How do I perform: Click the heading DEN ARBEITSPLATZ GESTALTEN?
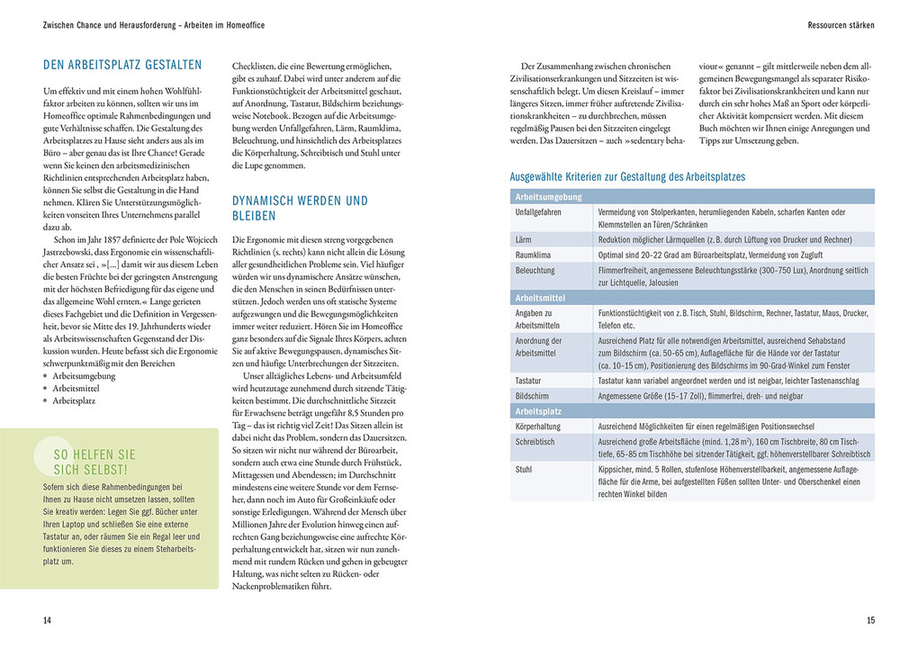(x=123, y=65)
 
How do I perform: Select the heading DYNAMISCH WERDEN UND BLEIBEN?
(x=300, y=208)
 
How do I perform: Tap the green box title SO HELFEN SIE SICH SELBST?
(x=95, y=462)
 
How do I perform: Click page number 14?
(x=47, y=619)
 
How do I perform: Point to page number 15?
(x=869, y=619)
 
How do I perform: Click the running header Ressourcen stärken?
(x=841, y=25)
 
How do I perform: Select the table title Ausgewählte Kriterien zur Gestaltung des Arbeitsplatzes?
(x=627, y=176)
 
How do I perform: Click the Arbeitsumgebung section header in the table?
(x=548, y=196)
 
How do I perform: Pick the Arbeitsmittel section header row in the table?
(x=540, y=297)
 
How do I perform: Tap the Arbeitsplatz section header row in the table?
(x=538, y=410)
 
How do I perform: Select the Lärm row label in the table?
(x=523, y=240)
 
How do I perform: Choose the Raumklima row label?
(x=534, y=256)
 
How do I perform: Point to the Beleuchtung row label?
(x=535, y=271)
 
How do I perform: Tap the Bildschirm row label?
(x=533, y=396)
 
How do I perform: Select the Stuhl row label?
(x=523, y=470)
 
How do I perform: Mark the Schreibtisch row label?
(x=535, y=442)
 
